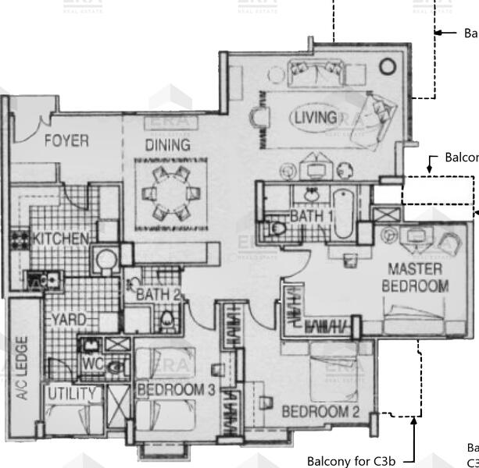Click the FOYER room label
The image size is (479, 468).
click(x=66, y=141)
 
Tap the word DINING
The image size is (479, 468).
click(x=167, y=145)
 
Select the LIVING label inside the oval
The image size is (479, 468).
click(x=316, y=118)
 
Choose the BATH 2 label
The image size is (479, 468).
click(x=159, y=295)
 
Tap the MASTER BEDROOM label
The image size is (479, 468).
click(x=415, y=278)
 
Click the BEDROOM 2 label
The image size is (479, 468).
click(x=320, y=412)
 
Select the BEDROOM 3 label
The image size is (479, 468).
click(x=176, y=389)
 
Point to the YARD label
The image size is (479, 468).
click(x=69, y=321)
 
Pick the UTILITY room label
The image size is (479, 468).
click(x=71, y=394)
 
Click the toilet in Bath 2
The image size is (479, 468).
click(x=166, y=320)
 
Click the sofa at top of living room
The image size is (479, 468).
click(x=313, y=71)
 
